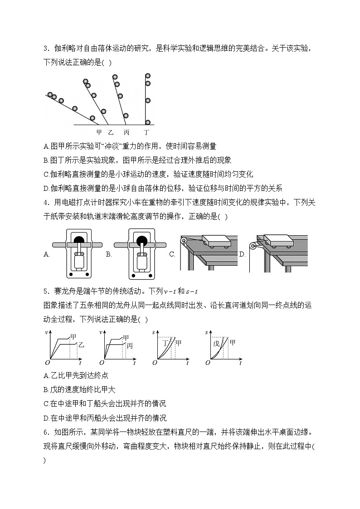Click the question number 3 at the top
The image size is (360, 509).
coord(46,49)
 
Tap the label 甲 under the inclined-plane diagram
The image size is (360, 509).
coord(99,133)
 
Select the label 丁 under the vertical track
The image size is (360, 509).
coord(146,133)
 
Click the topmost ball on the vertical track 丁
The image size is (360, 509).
coord(147,76)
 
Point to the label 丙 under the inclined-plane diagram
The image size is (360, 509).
coord(126,133)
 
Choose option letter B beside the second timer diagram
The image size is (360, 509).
coord(109,255)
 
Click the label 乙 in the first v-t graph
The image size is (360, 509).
coord(81,345)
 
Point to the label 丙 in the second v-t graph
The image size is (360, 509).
coord(130,346)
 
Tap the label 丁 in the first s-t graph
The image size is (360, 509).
coord(165,343)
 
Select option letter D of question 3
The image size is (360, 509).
coord(46,189)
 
